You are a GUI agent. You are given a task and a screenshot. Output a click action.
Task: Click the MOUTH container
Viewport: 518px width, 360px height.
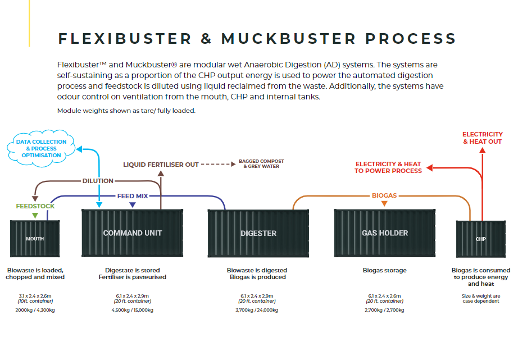coord(35,239)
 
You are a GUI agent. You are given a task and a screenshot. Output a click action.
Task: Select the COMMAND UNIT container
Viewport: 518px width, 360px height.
coord(133,233)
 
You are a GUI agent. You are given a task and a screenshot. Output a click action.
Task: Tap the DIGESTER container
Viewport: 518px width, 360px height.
coord(258,233)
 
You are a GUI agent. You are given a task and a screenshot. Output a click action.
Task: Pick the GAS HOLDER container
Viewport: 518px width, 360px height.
coord(385,233)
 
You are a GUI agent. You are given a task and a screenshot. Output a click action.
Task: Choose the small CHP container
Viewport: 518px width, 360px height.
coord(481,239)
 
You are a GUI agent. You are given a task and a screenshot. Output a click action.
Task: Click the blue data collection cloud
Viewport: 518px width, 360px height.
coord(42,148)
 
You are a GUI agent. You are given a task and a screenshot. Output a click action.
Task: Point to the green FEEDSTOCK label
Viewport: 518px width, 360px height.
coord(35,206)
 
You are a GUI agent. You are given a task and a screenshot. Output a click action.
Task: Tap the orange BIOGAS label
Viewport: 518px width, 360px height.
coord(384,195)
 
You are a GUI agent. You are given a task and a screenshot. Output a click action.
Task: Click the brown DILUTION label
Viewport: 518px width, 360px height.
coord(98,181)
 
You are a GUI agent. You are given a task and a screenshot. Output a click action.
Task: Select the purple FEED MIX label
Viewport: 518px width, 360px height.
coord(133,196)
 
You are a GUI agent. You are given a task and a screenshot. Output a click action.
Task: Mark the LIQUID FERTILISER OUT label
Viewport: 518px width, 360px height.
coord(161,165)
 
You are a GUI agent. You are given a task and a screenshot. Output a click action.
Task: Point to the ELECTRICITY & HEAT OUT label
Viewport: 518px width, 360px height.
coord(482,138)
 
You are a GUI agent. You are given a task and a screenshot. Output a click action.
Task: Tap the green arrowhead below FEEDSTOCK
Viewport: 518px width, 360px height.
coord(35,215)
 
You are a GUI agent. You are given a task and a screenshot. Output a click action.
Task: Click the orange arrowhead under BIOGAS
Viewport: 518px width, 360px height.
coord(384,204)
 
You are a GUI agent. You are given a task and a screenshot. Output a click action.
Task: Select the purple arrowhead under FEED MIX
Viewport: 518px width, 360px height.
coord(133,204)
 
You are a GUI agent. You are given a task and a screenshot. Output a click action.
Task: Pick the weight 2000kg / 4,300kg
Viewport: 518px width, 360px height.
coord(35,309)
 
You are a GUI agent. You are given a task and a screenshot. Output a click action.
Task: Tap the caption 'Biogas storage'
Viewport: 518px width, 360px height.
coord(385,270)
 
